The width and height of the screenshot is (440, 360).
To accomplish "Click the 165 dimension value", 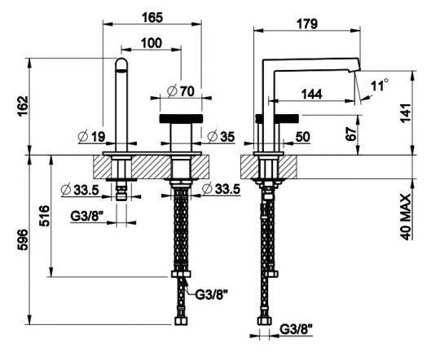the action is (152, 17).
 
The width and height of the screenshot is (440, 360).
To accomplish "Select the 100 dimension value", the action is (152, 43).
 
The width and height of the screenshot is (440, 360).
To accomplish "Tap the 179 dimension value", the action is (307, 24).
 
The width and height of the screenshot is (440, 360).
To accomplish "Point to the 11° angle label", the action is (380, 85).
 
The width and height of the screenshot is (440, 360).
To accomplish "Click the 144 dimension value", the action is (312, 94).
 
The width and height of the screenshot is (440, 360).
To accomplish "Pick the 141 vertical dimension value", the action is (406, 113).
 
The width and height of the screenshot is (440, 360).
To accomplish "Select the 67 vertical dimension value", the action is (351, 134).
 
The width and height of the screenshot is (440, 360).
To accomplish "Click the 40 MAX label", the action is (405, 217).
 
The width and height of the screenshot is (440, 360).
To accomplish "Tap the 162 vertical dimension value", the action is (23, 106).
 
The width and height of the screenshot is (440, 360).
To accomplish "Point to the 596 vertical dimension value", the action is (23, 239).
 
